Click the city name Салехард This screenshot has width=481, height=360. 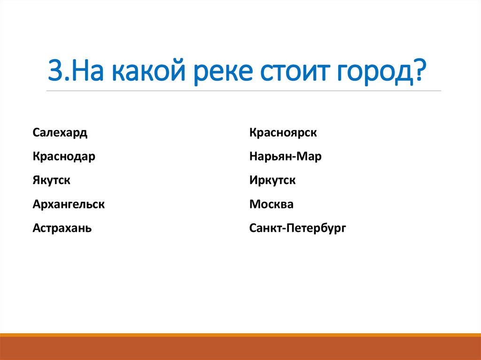60,133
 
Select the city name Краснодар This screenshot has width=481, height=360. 64,157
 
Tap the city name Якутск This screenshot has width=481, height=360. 52,180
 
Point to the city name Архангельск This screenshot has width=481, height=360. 69,205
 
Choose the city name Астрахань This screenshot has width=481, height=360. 62,229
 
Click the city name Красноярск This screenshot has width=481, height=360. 283,133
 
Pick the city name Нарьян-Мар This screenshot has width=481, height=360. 285,157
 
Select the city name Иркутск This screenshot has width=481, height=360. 272,180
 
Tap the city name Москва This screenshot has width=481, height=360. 272,205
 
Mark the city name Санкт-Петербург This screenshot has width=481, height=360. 298,229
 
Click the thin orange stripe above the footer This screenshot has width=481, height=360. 240,335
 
